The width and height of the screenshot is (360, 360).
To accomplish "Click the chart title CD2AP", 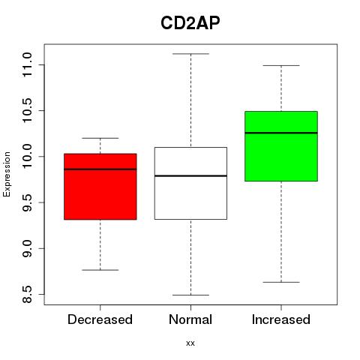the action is (190, 23).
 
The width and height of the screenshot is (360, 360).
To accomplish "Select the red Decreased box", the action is (100, 187).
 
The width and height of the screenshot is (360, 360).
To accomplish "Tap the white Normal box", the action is (190, 183).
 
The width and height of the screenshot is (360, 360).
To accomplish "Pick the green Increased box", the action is (281, 146).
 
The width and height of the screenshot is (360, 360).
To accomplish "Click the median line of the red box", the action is (100, 169).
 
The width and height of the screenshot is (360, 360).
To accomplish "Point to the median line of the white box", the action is (190, 175).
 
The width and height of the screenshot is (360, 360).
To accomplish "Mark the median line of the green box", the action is (281, 133).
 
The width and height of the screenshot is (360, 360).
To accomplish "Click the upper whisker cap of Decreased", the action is (100, 138).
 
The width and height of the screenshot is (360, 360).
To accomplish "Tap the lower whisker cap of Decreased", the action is (100, 270).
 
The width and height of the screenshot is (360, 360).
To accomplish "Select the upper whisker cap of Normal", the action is (190, 54).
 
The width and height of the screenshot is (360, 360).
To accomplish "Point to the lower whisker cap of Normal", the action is (190, 295).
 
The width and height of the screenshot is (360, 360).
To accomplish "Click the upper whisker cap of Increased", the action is (281, 65).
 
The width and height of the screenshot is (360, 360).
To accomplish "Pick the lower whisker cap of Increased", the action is (281, 282).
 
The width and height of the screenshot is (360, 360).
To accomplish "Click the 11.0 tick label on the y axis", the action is (27, 64).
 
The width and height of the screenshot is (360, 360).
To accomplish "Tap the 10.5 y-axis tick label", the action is (27, 110).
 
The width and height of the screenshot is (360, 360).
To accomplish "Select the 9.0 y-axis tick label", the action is (27, 248).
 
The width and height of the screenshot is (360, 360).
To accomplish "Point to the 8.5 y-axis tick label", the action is (27, 294).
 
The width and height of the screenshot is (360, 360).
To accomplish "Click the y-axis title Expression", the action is (7, 174).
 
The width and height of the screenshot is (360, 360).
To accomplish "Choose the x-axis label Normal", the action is (190, 319).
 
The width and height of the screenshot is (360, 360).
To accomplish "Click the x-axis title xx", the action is (190, 343).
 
